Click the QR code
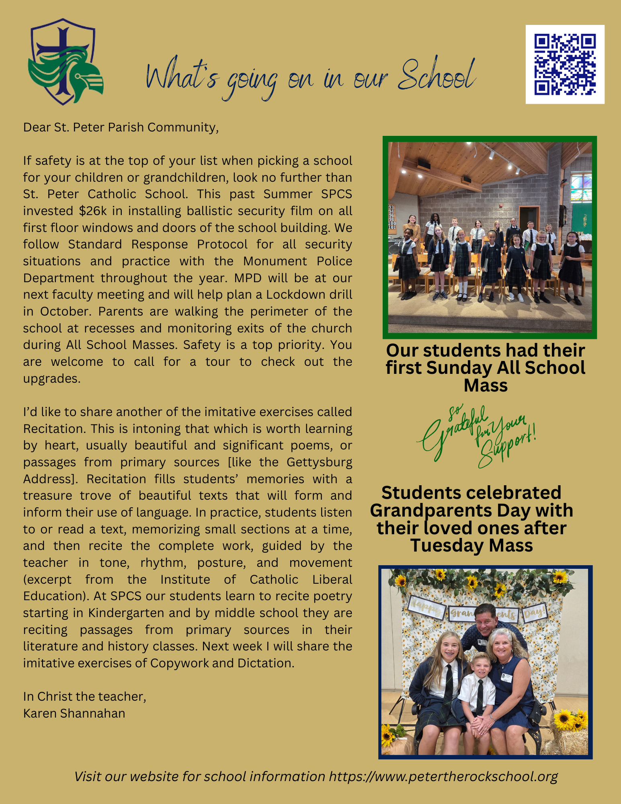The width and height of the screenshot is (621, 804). click(x=565, y=64)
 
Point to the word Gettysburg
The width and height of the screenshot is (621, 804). click(x=319, y=462)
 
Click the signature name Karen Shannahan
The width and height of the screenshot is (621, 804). click(x=74, y=713)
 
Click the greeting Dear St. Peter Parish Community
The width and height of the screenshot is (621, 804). click(x=121, y=127)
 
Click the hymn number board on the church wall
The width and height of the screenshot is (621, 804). click(x=392, y=217)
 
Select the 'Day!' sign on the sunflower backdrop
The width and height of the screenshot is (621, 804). click(x=535, y=613)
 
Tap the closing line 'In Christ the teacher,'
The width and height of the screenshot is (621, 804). click(x=84, y=696)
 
